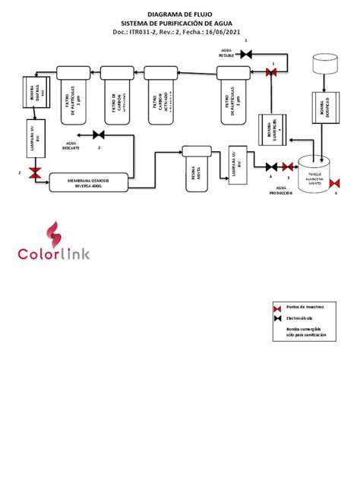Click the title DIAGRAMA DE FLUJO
pos(180,14)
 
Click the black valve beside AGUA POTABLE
pos(246,54)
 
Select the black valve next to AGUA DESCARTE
pos(98,135)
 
